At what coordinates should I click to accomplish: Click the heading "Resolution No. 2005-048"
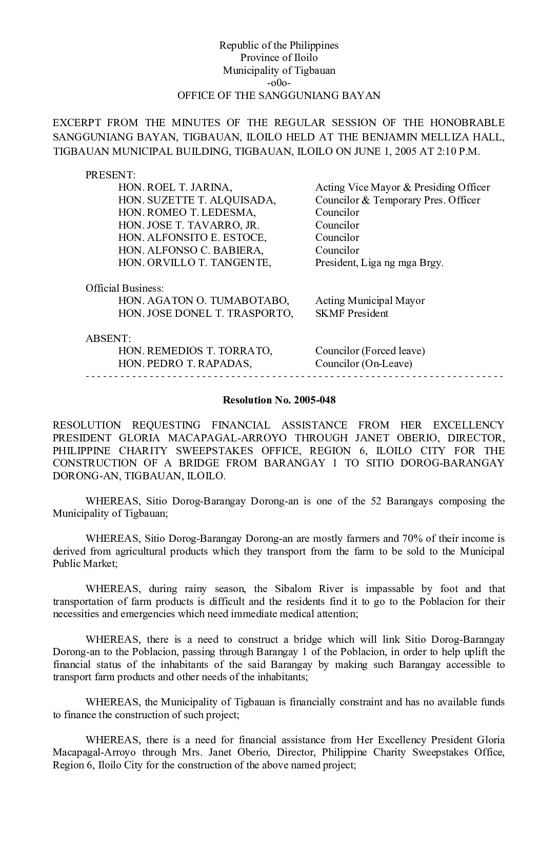[279, 400]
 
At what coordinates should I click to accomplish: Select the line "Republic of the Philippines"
[279, 45]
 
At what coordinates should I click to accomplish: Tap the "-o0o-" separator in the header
[279, 83]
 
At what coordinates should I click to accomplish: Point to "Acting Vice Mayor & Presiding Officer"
[403, 188]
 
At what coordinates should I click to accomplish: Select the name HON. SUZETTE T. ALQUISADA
[197, 200]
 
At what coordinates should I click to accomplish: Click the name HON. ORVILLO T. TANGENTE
[194, 263]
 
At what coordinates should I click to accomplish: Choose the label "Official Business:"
[125, 288]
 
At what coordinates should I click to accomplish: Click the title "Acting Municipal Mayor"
[370, 301]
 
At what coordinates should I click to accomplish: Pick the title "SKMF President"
[352, 313]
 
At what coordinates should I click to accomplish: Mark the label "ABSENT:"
[108, 338]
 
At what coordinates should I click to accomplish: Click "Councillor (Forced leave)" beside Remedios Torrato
[370, 351]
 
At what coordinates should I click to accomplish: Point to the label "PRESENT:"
[110, 175]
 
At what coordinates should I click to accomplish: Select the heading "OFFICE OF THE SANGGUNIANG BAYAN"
[279, 95]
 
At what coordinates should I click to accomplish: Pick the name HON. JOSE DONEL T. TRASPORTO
[206, 313]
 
